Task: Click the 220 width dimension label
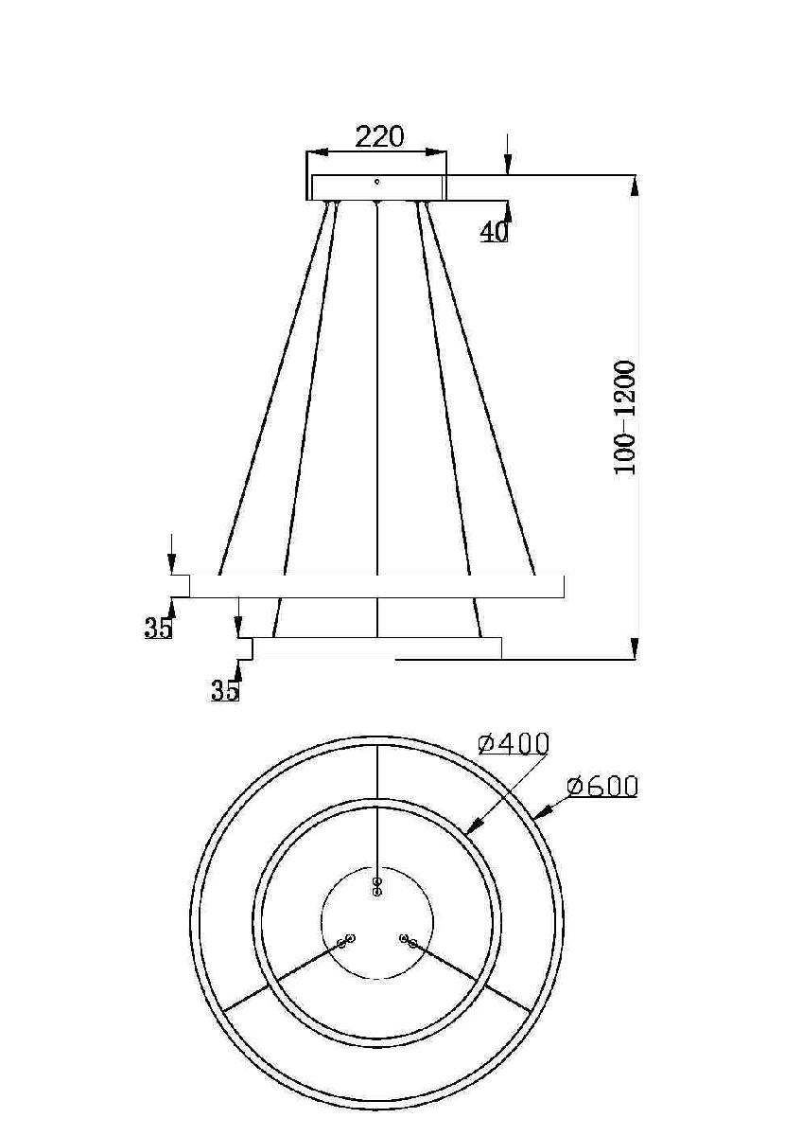(x=379, y=136)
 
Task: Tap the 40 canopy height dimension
(x=493, y=230)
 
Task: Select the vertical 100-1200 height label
(x=626, y=417)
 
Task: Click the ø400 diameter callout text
(x=514, y=743)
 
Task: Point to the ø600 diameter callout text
(x=602, y=786)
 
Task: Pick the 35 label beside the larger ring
(x=158, y=628)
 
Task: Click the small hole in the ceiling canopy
(x=376, y=181)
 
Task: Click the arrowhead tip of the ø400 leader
(x=468, y=833)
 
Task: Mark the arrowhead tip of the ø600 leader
(x=535, y=815)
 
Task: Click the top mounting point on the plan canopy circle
(x=376, y=886)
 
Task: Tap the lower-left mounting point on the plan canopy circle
(x=345, y=941)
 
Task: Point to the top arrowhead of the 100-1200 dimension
(x=634, y=184)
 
